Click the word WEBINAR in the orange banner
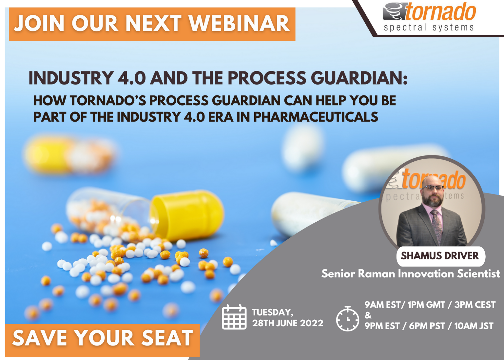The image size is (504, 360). coord(239,23)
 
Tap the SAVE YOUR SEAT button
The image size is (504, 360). coord(102,340)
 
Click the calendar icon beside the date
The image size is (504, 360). coord(234,317)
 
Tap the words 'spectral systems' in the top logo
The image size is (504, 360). coord(429,28)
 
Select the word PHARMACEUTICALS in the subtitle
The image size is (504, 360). coord(316,117)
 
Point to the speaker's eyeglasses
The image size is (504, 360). coord(433,188)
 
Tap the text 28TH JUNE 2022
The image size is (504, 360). coord(287,323)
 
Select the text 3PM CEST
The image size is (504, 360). coord(475,305)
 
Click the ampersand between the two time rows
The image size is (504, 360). coord(368,315)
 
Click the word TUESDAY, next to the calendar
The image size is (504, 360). coord(272,312)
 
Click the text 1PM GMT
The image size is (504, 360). coord(426,305)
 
